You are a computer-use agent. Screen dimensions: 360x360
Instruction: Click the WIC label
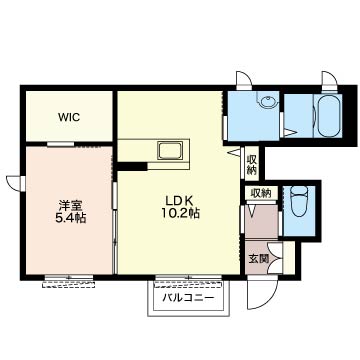click(69, 117)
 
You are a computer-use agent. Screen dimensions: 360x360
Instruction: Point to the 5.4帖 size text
click(69, 218)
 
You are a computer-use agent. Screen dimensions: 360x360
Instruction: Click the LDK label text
click(180, 200)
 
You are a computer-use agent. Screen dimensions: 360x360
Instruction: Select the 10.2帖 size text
click(181, 213)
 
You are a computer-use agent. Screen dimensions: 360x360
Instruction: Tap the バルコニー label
click(188, 297)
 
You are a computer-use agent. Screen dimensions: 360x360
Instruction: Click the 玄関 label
click(258, 258)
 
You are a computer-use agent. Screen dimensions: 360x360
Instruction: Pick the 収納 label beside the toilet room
click(260, 193)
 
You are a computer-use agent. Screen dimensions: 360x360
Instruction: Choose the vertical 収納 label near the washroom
click(251, 165)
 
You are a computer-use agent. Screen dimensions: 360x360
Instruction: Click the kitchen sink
click(170, 151)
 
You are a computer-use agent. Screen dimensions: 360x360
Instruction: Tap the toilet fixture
click(298, 201)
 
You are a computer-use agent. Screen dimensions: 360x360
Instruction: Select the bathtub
click(328, 115)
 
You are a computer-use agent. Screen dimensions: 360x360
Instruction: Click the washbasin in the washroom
click(269, 101)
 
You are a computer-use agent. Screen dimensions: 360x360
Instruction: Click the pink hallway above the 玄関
click(261, 221)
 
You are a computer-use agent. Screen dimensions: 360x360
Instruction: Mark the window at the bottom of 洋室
click(69, 277)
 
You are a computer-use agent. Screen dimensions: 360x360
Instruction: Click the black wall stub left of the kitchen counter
click(132, 166)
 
